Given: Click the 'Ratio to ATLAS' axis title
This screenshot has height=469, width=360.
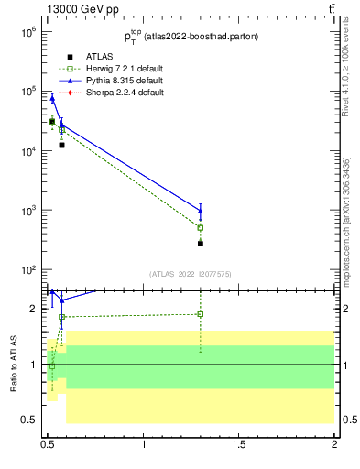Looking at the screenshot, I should tap(13, 364).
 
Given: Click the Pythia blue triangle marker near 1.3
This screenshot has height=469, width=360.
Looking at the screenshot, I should tap(201, 211).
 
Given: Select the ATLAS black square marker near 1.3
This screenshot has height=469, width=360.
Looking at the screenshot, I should tap(201, 244).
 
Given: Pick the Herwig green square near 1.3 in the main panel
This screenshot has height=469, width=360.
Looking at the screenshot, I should tap(201, 227).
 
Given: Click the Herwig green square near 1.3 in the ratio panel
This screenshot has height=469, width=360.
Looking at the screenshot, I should tap(201, 314).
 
